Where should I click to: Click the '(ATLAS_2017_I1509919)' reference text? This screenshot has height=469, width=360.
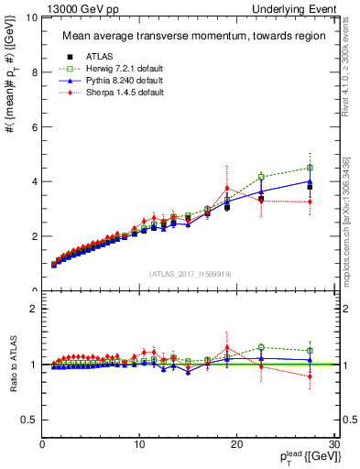point(191,273)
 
